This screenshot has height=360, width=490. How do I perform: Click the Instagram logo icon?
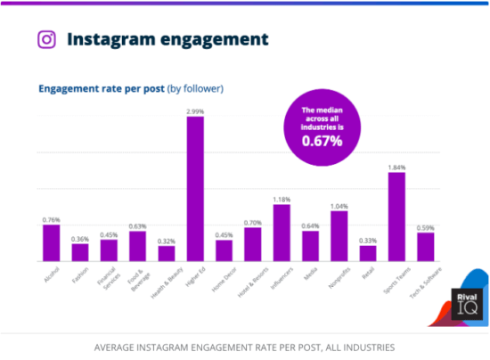coord(47,39)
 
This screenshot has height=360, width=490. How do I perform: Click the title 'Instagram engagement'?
coord(167,39)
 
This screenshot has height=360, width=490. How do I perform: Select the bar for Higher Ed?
coord(195,190)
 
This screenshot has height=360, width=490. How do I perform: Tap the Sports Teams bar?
coord(396,217)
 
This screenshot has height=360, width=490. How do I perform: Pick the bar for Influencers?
coord(282,233)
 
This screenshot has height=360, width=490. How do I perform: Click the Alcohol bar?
coord(52,243)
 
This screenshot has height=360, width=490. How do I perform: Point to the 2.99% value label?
coord(195,111)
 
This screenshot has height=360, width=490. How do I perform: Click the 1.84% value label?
coord(396,167)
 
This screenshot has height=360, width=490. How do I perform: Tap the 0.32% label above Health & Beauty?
coord(167,241)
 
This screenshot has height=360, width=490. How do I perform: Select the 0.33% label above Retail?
coord(368,241)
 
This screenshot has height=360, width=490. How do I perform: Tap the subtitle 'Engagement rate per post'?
coord(101,88)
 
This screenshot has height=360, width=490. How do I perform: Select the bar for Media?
coord(310,247)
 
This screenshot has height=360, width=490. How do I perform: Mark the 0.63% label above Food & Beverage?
coord(137,225)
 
